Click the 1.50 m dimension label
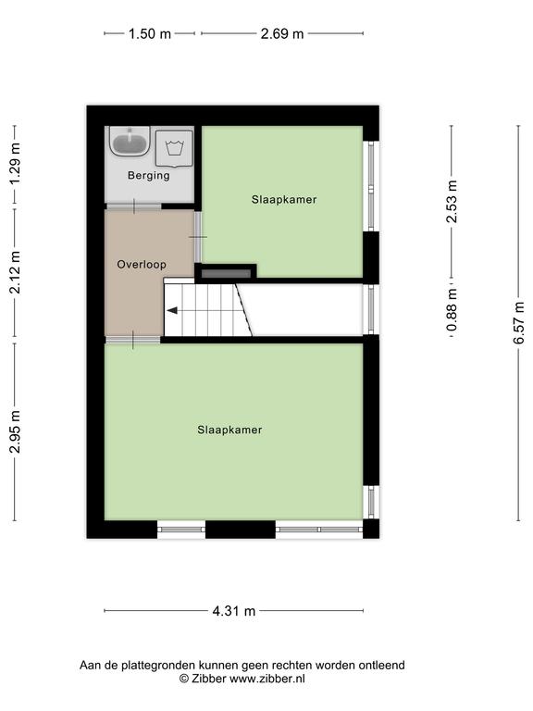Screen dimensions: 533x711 (x=150, y=33)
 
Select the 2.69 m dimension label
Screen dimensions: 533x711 (x=282, y=33)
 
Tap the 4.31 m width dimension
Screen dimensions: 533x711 (x=234, y=611)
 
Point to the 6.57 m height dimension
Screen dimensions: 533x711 (x=519, y=323)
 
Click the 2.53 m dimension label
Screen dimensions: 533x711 (x=452, y=201)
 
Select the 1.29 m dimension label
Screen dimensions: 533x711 (x=15, y=164)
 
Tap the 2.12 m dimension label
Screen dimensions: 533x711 (x=15, y=272)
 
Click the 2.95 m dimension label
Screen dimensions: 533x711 (x=15, y=431)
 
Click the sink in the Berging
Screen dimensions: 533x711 (x=130, y=141)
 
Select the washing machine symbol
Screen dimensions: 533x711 (x=174, y=148)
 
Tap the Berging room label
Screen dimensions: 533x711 (x=149, y=176)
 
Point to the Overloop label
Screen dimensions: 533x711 (x=142, y=265)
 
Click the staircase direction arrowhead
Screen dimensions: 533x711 (x=172, y=311)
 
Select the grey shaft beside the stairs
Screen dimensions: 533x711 (x=226, y=273)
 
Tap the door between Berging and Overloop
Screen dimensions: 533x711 (x=133, y=206)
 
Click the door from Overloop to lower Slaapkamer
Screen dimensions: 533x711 (x=133, y=340)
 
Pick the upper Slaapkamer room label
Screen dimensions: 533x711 (x=284, y=200)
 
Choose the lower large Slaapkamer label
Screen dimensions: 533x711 (x=229, y=430)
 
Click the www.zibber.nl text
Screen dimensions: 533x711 (x=266, y=679)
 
